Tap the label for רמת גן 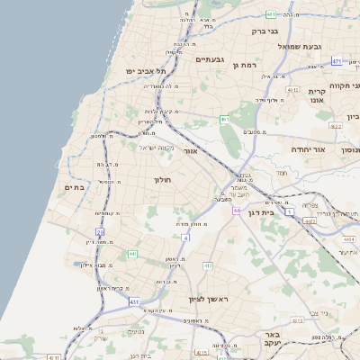[x=245, y=65]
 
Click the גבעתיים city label [x=208, y=59]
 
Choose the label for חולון [x=163, y=180]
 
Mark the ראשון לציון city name [x=210, y=299]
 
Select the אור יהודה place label [x=308, y=149]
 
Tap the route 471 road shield [x=337, y=61]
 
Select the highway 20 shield [x=101, y=232]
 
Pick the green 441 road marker [x=132, y=255]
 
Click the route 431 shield [x=134, y=302]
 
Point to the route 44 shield [x=236, y=211]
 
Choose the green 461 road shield [x=225, y=119]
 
